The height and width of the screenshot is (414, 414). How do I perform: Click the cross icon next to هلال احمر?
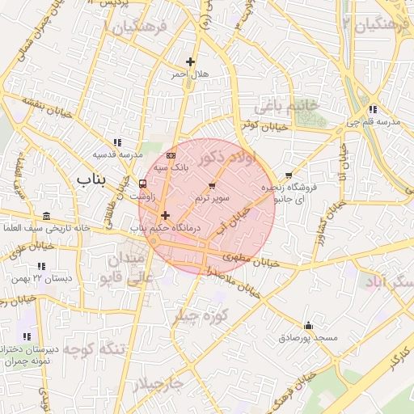pos(191,61)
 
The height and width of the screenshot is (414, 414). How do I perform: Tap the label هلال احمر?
pos(189,74)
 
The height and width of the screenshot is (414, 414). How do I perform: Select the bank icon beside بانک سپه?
pos(170,154)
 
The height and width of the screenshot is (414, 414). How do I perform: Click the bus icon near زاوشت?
pos(143,183)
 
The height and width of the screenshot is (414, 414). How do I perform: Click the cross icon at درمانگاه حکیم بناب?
pos(165,215)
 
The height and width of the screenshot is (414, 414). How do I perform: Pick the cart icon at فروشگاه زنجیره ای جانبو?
pos(289,175)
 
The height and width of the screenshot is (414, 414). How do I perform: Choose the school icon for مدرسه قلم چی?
pos(372,109)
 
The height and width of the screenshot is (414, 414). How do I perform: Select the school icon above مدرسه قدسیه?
pos(118,142)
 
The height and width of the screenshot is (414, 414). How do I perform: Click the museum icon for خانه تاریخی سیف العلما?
pos(45,216)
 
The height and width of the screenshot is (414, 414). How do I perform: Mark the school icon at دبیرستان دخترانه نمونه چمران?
pos(27,336)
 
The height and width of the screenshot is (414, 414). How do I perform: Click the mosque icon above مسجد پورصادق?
pos(308,324)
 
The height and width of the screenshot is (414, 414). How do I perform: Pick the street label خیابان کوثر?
pos(263,125)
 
